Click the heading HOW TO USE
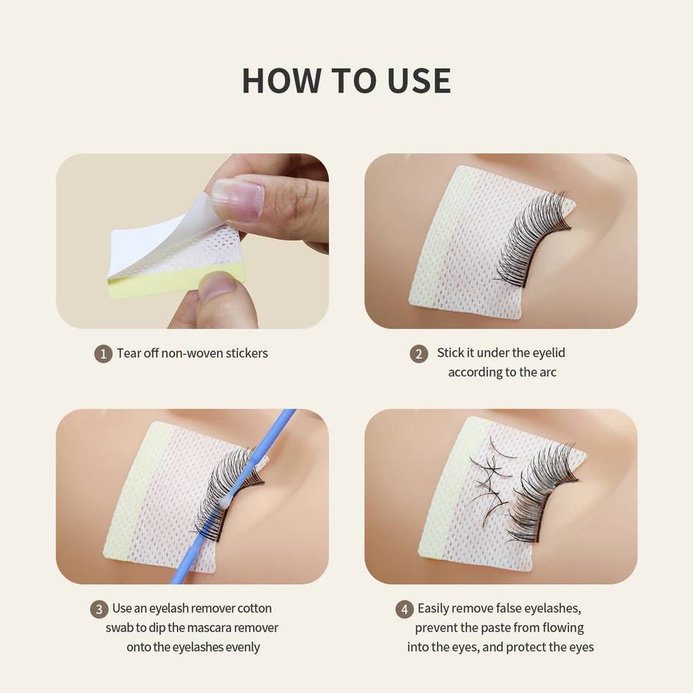click(346, 81)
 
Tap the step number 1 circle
click(103, 354)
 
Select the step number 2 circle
click(419, 354)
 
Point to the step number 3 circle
click(99, 609)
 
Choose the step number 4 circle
click(405, 609)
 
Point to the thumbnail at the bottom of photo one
click(218, 286)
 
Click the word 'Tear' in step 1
click(129, 353)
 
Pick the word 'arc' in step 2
click(547, 372)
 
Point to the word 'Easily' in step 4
click(435, 608)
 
